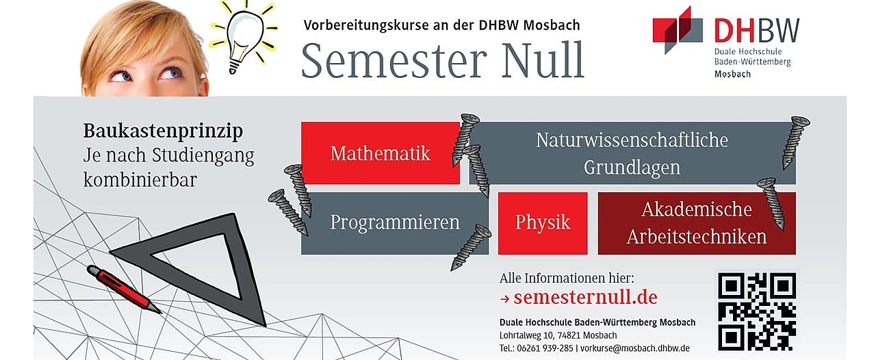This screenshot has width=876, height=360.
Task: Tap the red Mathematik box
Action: coord(381,153)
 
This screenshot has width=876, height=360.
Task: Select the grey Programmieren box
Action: coord(395,223)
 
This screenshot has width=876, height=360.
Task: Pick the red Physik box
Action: coord(543,223)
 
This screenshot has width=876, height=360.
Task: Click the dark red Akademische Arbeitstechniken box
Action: coord(697,223)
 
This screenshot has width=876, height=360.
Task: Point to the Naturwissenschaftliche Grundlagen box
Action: coord(632,153)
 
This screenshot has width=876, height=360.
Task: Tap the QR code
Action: coord(757,311)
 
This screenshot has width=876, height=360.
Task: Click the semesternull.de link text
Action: coord(585,298)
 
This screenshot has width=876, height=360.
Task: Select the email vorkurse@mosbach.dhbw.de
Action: coord(635,348)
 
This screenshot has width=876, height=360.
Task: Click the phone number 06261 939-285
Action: coord(545,348)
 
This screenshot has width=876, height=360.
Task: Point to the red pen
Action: coord(124,289)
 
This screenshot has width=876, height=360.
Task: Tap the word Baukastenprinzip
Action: coord(163,131)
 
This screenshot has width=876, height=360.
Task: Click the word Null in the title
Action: coord(543,61)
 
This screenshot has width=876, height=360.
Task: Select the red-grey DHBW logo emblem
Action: coord(678,30)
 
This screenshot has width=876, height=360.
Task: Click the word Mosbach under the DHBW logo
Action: coord(732,74)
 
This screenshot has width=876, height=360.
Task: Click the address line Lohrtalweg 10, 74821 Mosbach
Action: coord(558,335)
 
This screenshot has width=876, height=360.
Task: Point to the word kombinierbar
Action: coord(140,179)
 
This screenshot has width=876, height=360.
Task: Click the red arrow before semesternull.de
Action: coord(505,299)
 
